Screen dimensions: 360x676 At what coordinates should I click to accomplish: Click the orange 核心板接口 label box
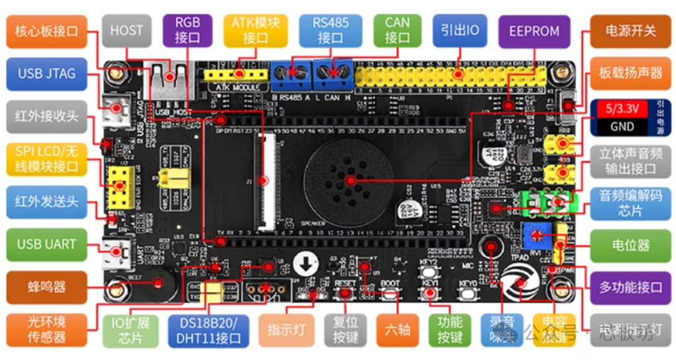46,30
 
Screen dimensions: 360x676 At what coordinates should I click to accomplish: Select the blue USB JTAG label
46,73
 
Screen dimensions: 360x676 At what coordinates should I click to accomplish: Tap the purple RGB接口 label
187,29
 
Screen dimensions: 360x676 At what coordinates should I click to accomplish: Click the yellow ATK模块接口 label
255,30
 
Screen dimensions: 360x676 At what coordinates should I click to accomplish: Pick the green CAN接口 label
397,29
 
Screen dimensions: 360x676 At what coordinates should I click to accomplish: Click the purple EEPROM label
534,30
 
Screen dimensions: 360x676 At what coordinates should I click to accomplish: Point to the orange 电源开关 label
630,30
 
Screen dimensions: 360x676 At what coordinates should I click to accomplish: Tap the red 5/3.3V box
621,108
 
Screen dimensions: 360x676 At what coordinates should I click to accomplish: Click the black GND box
621,126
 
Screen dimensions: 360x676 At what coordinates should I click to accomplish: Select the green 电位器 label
630,245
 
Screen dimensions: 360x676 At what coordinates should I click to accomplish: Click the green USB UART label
46,244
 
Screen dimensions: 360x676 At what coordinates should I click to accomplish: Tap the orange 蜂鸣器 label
46,287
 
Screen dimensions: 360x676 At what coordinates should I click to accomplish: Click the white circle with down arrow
306,264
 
